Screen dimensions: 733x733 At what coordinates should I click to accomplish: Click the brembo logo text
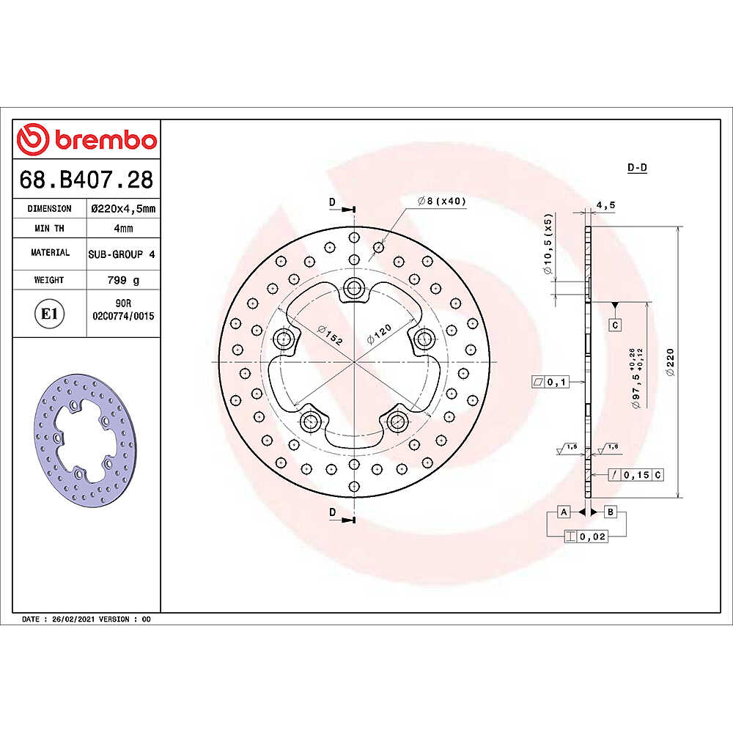pos(106,140)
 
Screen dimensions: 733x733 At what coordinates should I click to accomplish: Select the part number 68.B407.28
pos(86,180)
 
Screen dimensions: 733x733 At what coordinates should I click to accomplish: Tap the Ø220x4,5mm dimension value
pos(123,208)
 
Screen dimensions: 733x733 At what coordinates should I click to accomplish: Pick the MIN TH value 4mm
pos(123,229)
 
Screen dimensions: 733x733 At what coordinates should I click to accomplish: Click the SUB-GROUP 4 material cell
pos(122,254)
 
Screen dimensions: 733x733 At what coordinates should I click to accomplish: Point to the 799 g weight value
pos(123,280)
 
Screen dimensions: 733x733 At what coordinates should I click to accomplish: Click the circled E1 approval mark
pos(49,314)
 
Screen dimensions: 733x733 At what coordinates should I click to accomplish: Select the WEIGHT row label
pos(49,280)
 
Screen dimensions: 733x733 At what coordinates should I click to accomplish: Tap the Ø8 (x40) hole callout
pos(442,201)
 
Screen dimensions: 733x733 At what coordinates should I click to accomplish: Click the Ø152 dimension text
pos(330,335)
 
